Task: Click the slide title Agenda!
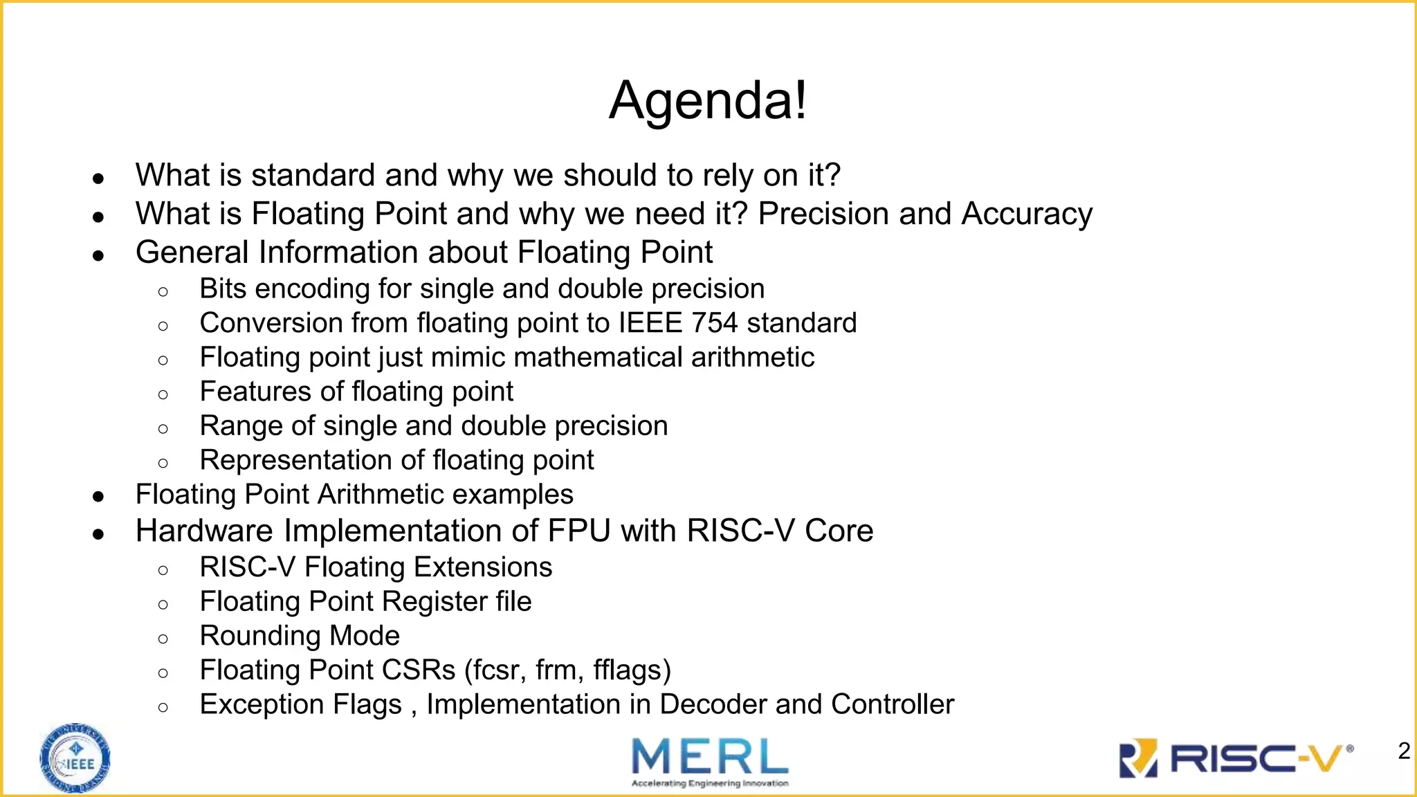(708, 101)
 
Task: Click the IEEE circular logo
(75, 758)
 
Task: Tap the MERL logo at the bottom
(710, 761)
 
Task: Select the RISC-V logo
(1236, 758)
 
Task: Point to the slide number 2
(1404, 751)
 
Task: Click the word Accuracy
(1027, 214)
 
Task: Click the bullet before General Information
(98, 255)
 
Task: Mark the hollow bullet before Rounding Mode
(163, 638)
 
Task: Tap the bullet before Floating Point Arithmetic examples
(98, 497)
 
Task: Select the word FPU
(579, 531)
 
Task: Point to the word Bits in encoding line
(223, 289)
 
